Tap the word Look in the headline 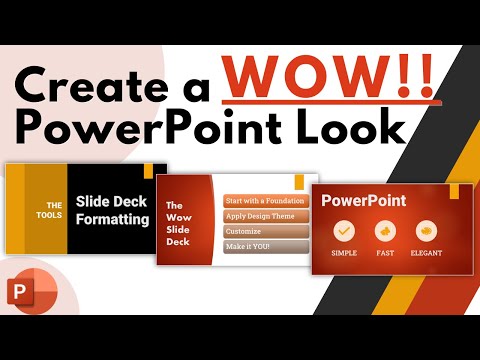(353, 129)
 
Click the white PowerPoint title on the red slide (363, 200)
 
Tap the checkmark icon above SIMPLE (343, 230)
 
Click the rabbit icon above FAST (384, 230)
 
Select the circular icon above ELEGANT (424, 230)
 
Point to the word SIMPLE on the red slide (343, 253)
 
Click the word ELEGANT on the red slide (426, 253)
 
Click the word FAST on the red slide (384, 253)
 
